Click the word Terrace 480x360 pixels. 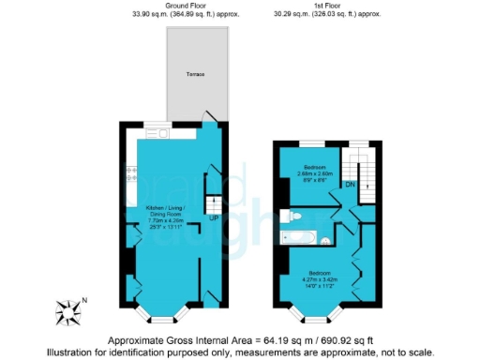(x=194, y=74)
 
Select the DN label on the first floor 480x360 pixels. (x=349, y=185)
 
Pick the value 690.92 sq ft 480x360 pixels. (x=338, y=338)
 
